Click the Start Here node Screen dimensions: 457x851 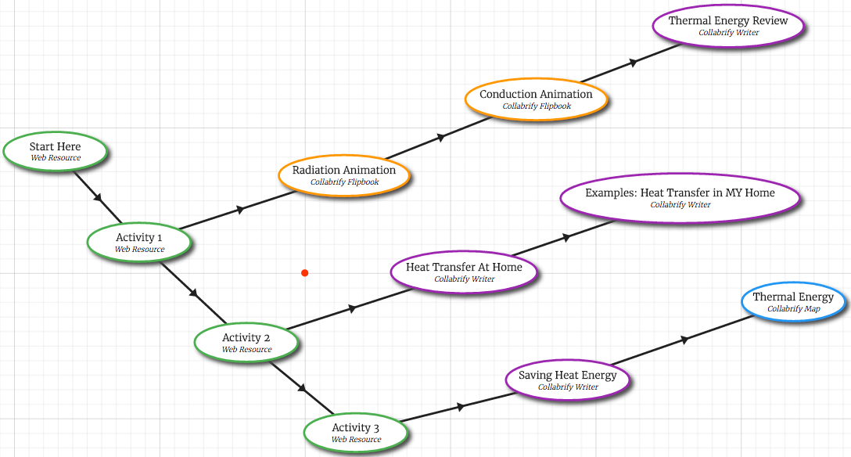coord(55,151)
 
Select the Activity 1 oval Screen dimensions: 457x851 coord(139,242)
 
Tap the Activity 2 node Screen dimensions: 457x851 coord(246,342)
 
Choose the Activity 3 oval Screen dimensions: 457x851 coord(356,432)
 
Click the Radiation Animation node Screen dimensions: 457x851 coord(344,175)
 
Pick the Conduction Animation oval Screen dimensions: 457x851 coord(536,99)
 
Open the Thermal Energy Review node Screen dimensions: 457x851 coord(728,25)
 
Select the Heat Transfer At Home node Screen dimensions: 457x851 coord(465,272)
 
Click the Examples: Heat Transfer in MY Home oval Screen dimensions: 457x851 coord(680,197)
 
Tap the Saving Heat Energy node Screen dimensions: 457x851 coord(568,380)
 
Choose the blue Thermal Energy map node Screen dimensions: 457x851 coord(793,301)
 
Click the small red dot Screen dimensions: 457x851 coord(305,273)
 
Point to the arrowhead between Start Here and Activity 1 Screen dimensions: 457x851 coord(99,199)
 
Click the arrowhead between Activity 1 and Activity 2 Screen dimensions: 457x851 coord(194,294)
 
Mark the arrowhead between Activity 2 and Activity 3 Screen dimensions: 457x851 coord(303,389)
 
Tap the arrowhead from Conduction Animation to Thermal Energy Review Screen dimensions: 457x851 coord(632,62)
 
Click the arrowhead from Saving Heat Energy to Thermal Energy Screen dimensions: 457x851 coord(685,340)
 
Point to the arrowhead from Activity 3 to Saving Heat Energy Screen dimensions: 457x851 coord(461,406)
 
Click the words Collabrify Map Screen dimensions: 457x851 coord(793,309)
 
